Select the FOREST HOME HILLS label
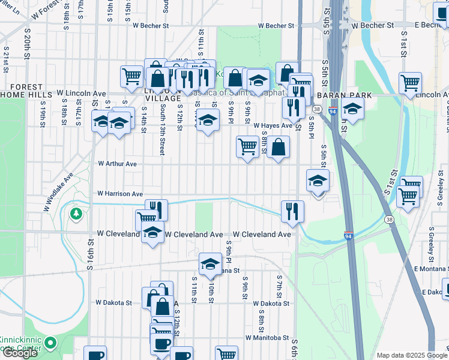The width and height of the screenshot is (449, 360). (x=26, y=91)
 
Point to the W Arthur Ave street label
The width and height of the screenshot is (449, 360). (x=118, y=164)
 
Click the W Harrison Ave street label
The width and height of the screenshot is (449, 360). (x=120, y=194)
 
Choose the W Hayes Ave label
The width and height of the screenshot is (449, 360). (x=273, y=125)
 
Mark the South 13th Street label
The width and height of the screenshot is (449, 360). (x=162, y=130)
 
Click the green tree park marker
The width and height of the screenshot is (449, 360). (x=76, y=214)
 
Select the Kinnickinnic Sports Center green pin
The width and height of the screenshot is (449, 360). (x=50, y=344)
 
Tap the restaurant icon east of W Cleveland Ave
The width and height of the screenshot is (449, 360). (x=292, y=211)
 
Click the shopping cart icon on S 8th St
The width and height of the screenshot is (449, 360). (x=247, y=146)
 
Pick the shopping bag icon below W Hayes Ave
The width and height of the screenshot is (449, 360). (x=278, y=146)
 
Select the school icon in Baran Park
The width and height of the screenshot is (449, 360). (x=352, y=109)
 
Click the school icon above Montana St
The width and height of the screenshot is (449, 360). (x=210, y=264)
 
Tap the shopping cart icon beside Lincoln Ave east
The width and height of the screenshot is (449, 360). (x=410, y=83)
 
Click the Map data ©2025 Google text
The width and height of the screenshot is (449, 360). (x=412, y=355)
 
